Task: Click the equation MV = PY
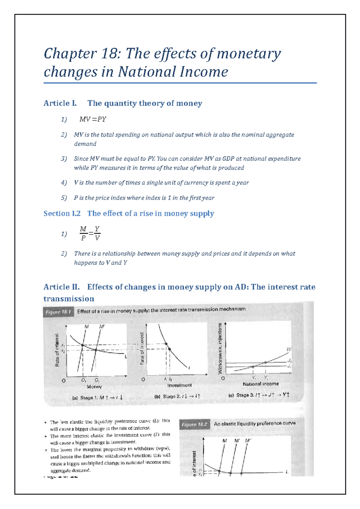click(x=93, y=119)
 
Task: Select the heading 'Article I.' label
click(x=60, y=103)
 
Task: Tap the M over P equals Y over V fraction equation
click(x=90, y=234)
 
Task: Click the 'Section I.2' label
click(x=62, y=214)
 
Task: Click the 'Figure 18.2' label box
click(x=194, y=424)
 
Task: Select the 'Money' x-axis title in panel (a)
click(x=94, y=387)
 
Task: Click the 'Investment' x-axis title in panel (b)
click(x=179, y=385)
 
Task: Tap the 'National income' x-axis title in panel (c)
click(x=261, y=384)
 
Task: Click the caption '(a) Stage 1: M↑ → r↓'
click(x=97, y=398)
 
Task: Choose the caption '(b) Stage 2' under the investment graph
click(x=177, y=397)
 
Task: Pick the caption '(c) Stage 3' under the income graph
click(x=259, y=395)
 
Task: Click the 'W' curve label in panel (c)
click(x=289, y=350)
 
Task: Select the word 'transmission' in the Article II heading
click(x=69, y=299)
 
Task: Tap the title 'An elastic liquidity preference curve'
click(x=254, y=424)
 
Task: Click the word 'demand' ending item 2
click(x=85, y=144)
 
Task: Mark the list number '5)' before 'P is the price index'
click(x=64, y=198)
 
